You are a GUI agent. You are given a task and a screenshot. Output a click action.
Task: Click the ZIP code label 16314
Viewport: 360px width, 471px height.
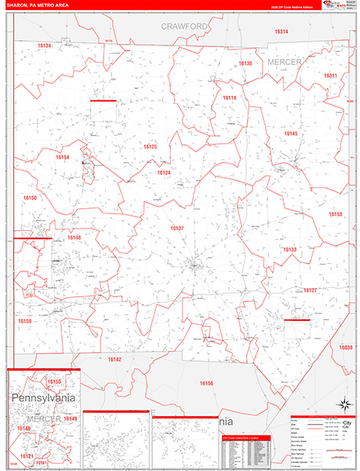pyautogui.click(x=281, y=31)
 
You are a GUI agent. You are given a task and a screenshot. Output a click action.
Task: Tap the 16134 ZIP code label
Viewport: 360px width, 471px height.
pyautogui.click(x=44, y=46)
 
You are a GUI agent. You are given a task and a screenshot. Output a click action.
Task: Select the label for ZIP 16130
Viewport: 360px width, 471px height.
pyautogui.click(x=245, y=63)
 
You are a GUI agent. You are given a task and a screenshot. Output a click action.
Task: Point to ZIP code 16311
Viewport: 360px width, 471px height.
pyautogui.click(x=330, y=75)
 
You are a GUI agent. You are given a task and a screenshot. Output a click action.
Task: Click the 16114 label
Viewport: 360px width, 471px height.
pyautogui.click(x=230, y=97)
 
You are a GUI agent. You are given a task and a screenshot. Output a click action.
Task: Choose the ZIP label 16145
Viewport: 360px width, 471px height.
pyautogui.click(x=291, y=133)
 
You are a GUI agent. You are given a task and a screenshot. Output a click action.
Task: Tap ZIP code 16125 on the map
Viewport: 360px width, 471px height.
pyautogui.click(x=150, y=147)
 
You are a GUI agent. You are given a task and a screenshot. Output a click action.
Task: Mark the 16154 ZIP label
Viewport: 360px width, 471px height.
pyautogui.click(x=63, y=157)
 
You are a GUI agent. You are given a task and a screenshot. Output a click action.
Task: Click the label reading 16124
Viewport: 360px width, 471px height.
pyautogui.click(x=163, y=173)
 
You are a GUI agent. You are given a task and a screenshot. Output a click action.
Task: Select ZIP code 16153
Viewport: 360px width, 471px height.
pyautogui.click(x=335, y=214)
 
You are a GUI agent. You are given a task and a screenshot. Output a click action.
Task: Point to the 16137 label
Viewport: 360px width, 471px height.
pyautogui.click(x=177, y=228)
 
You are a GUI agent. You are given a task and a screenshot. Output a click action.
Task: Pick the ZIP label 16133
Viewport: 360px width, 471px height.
pyautogui.click(x=289, y=250)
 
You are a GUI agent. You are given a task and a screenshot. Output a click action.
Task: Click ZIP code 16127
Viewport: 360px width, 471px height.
pyautogui.click(x=310, y=290)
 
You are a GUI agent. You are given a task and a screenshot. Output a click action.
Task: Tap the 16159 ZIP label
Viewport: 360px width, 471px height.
pyautogui.click(x=25, y=320)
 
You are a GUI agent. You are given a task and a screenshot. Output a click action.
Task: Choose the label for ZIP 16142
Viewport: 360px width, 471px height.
pyautogui.click(x=115, y=359)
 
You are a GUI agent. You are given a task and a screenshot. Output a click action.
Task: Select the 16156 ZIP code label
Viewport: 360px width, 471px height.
pyautogui.click(x=206, y=382)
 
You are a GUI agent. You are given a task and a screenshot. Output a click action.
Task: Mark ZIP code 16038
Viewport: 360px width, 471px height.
pyautogui.click(x=346, y=347)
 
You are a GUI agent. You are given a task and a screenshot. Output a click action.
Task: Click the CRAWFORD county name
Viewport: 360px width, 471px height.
pyautogui.click(x=185, y=26)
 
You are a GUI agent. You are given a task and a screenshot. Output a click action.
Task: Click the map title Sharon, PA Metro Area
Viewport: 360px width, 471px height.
pyautogui.click(x=38, y=6)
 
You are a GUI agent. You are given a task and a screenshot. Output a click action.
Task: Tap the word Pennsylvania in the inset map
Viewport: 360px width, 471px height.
pyautogui.click(x=44, y=399)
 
